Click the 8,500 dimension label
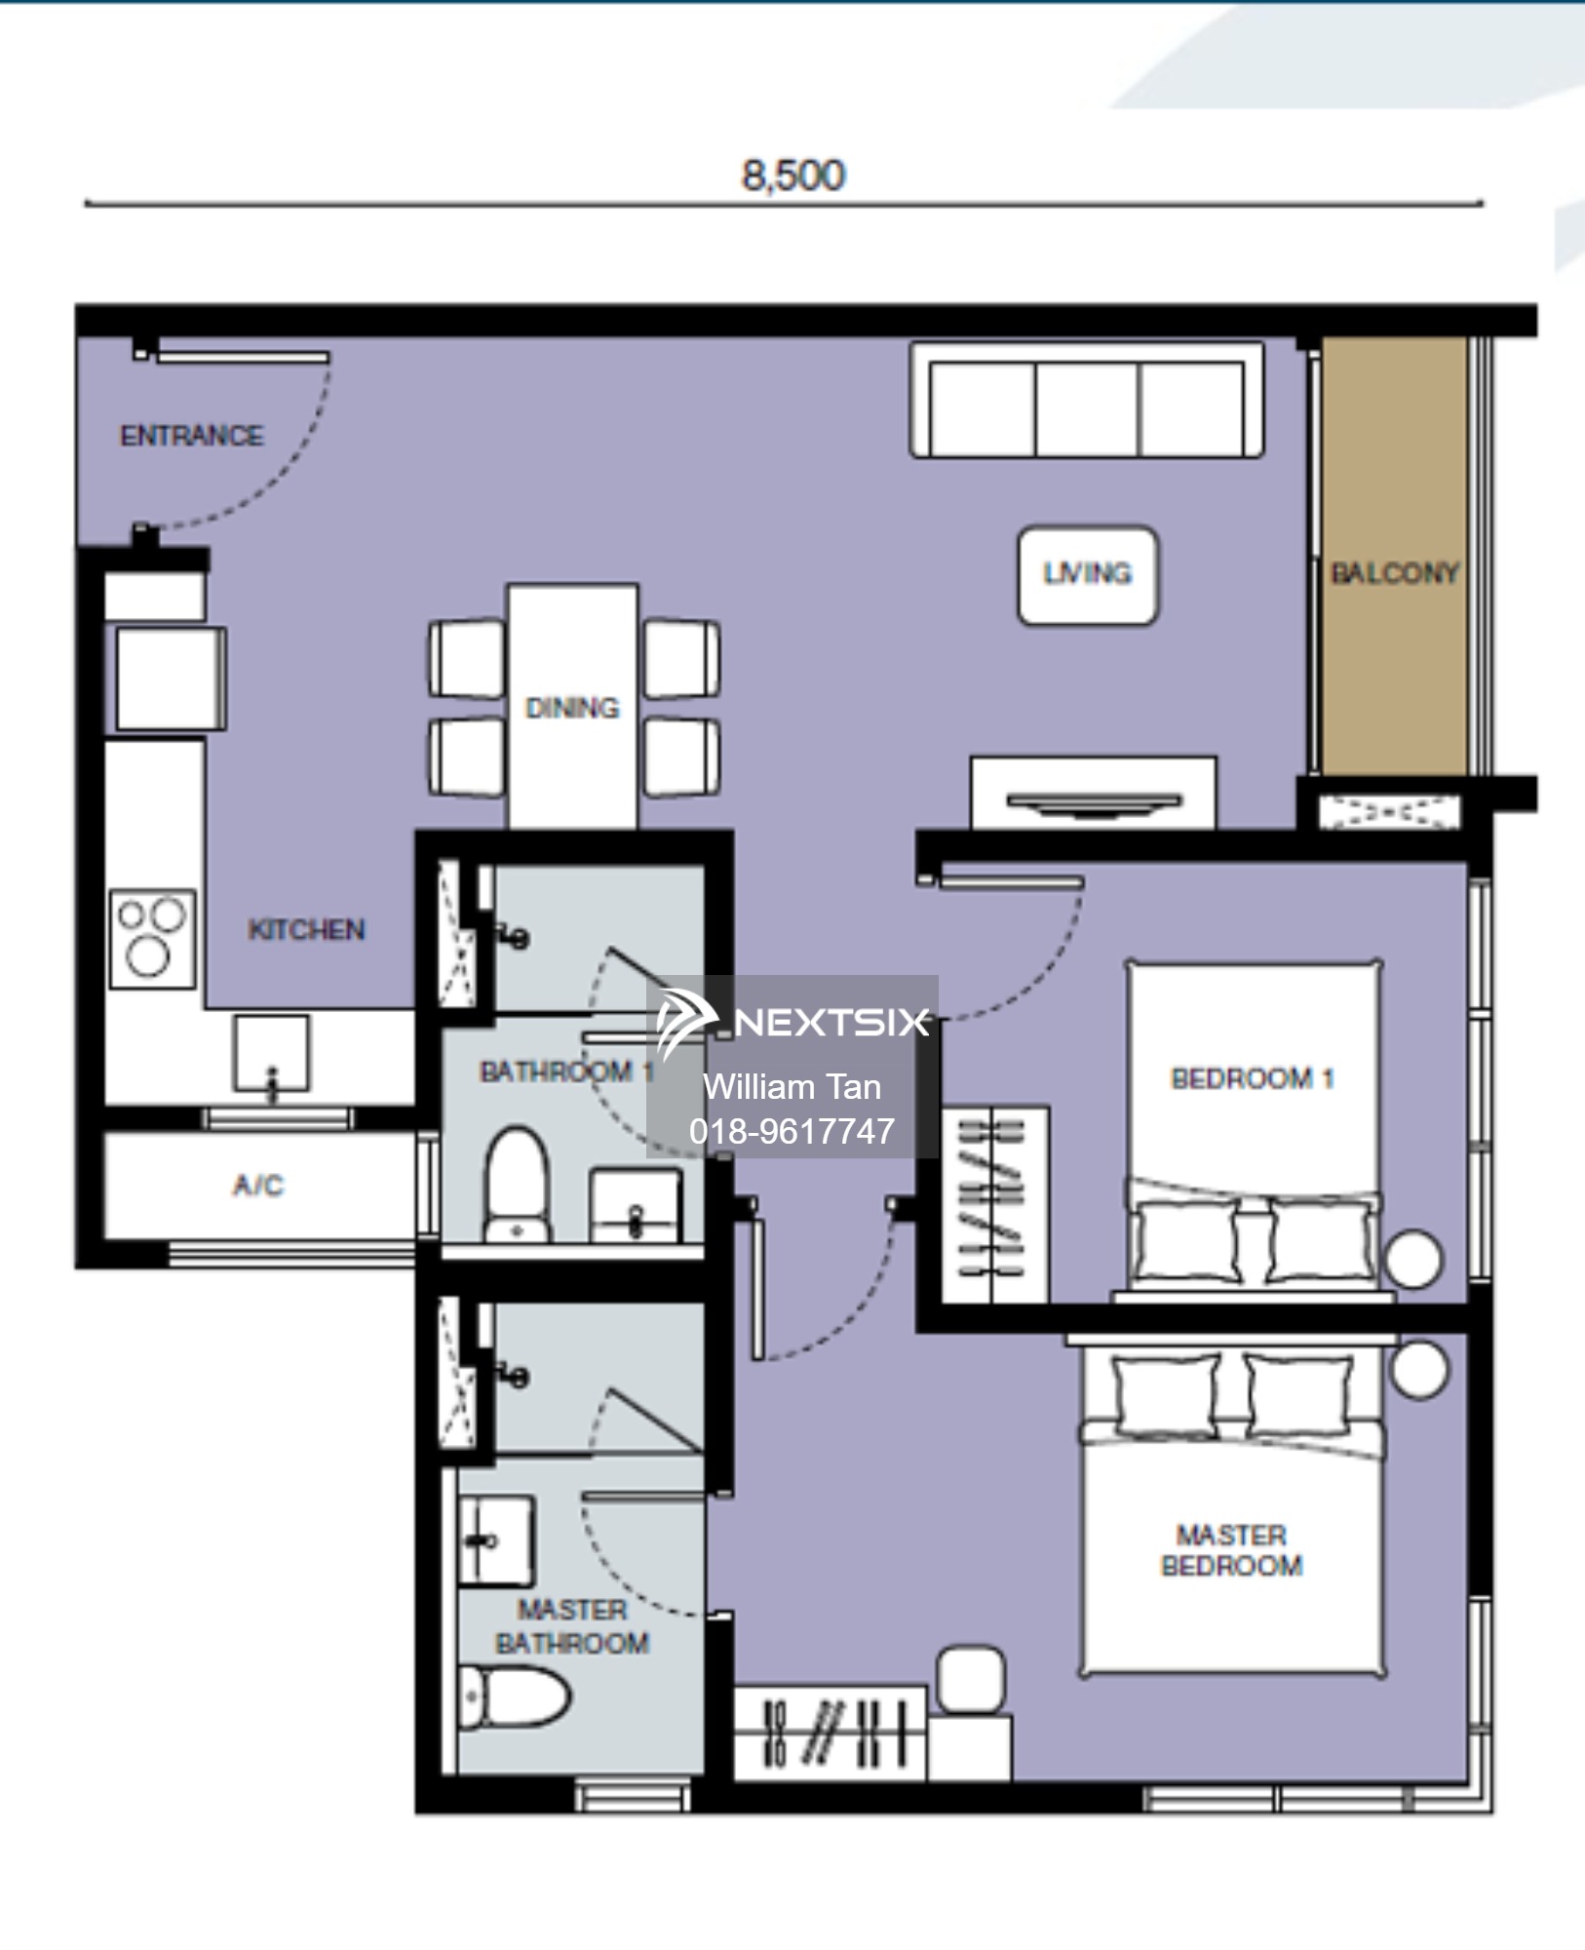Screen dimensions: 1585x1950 point(792,175)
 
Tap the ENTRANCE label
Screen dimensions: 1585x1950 point(191,435)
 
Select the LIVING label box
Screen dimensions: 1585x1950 point(1088,575)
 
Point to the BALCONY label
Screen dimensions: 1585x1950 point(1394,572)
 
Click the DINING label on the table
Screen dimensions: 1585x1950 point(572,707)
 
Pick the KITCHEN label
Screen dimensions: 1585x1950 point(306,929)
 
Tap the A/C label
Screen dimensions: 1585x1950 point(258,1185)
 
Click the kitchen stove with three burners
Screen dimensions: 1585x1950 point(152,938)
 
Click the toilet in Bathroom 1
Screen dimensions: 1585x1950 point(517,1185)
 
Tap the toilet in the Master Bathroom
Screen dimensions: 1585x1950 point(514,1698)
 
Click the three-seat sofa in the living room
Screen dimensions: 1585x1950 point(1087,400)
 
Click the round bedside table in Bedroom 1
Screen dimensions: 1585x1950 point(1413,1259)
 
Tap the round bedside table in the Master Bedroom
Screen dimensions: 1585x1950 point(1419,1370)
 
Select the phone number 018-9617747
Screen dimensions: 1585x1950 point(792,1131)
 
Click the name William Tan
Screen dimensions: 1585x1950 point(792,1087)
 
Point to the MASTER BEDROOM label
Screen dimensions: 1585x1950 point(1231,1550)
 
